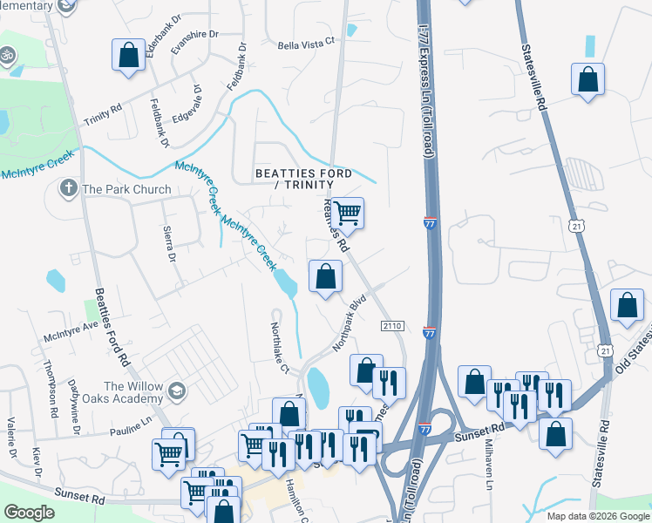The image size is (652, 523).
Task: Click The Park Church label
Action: pyautogui.click(x=126, y=189)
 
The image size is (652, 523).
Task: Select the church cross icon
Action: pyautogui.click(x=68, y=187)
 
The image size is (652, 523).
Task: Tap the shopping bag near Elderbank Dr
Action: pyautogui.click(x=128, y=56)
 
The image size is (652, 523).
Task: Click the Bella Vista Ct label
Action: pyautogui.click(x=306, y=44)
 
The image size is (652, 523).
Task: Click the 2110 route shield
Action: pyautogui.click(x=392, y=325)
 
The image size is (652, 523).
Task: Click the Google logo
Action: pyautogui.click(x=30, y=513)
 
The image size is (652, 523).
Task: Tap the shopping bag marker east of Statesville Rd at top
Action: pyautogui.click(x=587, y=79)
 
